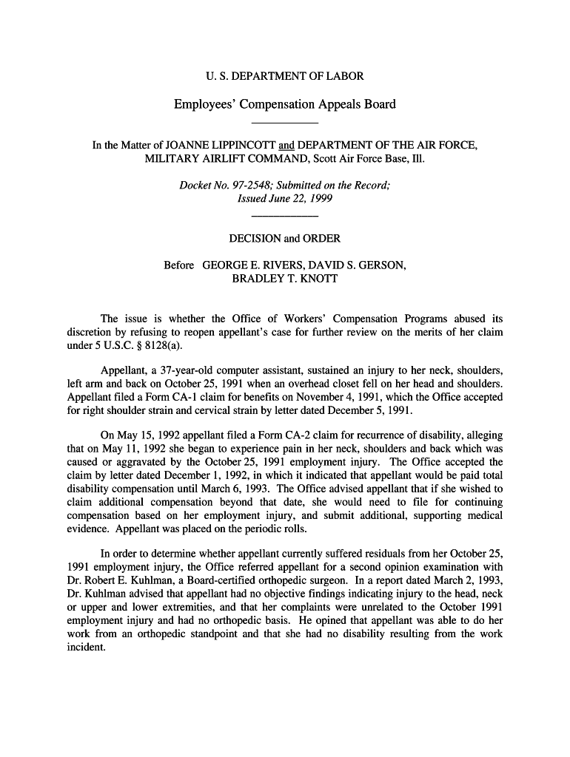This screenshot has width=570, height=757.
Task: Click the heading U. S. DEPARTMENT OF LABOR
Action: coord(284,76)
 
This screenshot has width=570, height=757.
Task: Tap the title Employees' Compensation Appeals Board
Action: coord(284,104)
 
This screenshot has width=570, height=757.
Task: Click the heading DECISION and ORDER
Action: coord(285,238)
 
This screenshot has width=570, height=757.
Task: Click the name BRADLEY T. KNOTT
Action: coord(285,279)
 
